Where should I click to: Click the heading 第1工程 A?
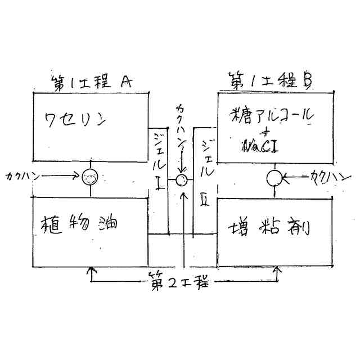click(92, 83)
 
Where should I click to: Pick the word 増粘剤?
click(271, 228)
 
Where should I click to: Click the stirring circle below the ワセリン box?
click(89, 178)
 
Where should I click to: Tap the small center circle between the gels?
click(181, 180)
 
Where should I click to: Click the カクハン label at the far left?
click(20, 176)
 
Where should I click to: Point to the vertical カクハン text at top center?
click(181, 130)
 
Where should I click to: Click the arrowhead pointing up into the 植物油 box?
click(89, 271)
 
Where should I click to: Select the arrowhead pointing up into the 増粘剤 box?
click(276, 271)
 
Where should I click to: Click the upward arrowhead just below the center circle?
click(184, 197)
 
